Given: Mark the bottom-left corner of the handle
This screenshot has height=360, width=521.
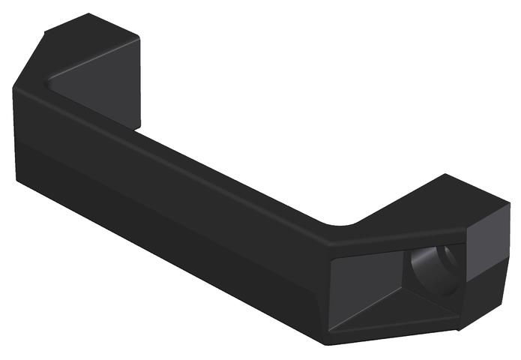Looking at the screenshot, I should [x=17, y=180].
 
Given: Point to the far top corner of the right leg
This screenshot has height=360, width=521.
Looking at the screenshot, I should [x=447, y=175].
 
